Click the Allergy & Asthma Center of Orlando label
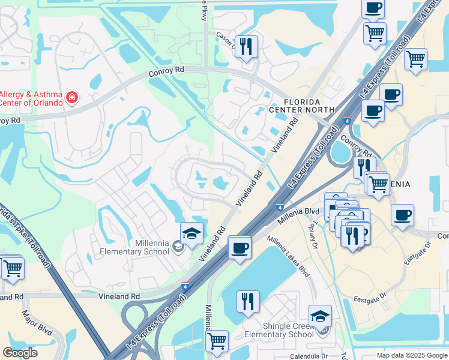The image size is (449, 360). (31, 98)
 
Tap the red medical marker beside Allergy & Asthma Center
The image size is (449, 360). (72, 97)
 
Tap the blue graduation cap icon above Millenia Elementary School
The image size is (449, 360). (191, 233)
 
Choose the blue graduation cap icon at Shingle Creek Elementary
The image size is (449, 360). (320, 316)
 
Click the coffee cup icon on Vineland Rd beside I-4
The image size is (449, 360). (240, 247)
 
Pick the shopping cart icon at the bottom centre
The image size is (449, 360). (217, 340)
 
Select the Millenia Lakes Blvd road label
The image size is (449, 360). (288, 256)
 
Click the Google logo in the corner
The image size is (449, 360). (20, 353)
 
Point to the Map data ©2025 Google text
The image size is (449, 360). (411, 355)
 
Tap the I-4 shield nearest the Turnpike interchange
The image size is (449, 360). (185, 287)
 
